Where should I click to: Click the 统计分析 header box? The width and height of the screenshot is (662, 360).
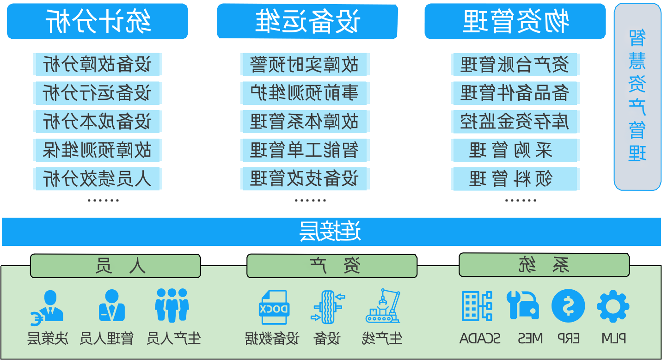coord(97,21)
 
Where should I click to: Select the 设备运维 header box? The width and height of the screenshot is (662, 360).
coord(307,21)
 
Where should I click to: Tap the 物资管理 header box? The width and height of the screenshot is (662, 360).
coord(515,21)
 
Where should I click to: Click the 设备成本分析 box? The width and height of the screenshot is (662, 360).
coord(98,122)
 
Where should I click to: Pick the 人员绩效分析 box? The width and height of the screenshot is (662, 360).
coord(98,178)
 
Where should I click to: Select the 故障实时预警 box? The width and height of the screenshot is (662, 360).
coord(305,64)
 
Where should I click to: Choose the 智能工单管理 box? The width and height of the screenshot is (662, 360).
coord(305,150)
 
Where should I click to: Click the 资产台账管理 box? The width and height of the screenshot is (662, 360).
coord(515,64)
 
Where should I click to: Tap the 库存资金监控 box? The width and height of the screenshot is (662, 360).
coord(515,122)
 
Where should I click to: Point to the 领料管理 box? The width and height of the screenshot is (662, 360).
coord(515,178)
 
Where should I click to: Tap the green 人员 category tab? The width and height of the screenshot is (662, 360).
coord(116,266)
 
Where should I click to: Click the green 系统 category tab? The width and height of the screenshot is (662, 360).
coord(544,265)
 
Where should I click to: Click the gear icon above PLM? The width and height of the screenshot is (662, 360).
coord(613,306)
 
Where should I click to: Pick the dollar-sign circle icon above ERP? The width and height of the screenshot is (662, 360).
coord(568,306)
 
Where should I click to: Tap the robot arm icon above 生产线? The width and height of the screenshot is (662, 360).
coord(383,306)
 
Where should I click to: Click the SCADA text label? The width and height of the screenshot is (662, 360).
coord(480,339)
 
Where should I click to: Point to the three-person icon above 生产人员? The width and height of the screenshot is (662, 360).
coord(172,305)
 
